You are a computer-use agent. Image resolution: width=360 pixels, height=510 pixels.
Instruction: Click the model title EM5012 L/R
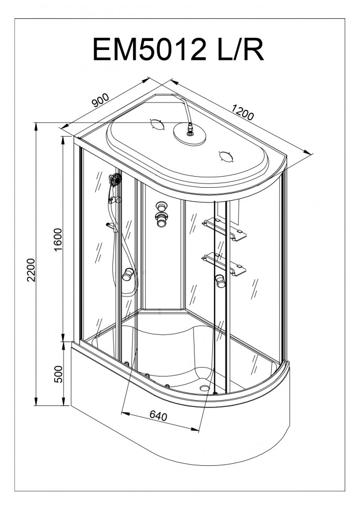(178, 49)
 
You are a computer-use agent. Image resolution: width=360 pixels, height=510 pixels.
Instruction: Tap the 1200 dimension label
(242, 112)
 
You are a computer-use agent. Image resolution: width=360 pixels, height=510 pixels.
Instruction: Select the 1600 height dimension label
(58, 240)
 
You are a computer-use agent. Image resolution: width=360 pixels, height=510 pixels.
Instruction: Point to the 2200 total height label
(31, 270)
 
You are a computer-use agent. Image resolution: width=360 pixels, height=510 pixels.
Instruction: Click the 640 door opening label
(158, 415)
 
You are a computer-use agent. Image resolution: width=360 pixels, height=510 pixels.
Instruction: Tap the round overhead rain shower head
(190, 134)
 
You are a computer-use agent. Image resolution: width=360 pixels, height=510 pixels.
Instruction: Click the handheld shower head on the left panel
(115, 179)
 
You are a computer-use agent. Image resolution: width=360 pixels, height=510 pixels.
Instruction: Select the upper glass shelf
(224, 228)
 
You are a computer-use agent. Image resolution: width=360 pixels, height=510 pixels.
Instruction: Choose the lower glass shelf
(224, 264)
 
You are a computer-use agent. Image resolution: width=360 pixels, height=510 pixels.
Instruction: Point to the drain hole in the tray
(205, 387)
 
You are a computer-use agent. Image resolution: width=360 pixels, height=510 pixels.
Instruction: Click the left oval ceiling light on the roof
(157, 125)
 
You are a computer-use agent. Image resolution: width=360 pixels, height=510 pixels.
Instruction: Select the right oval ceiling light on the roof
(227, 157)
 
